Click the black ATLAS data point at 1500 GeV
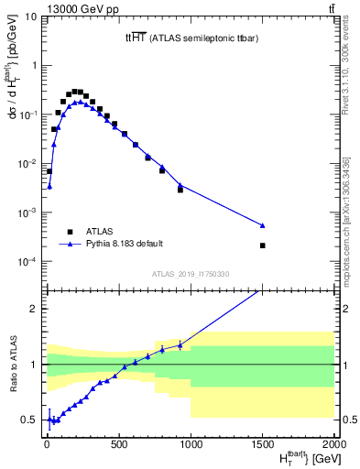263,245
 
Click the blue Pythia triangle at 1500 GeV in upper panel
263,224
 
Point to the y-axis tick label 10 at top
30,16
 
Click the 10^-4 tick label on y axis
27,262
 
